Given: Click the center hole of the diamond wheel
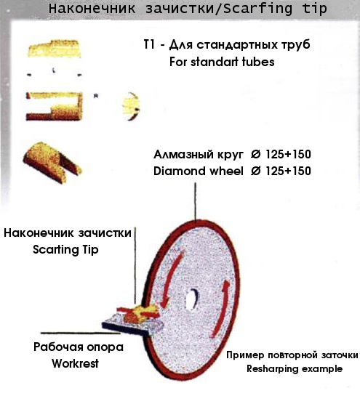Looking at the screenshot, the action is point(191,299).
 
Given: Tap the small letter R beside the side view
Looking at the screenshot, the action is point(96,96).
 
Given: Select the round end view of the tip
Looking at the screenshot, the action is point(131,106).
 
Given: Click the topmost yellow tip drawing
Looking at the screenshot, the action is point(54,49).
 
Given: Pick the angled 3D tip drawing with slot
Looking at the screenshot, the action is point(52,162).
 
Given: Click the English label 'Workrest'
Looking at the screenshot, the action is point(75,363).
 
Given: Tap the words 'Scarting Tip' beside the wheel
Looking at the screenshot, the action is point(65,249).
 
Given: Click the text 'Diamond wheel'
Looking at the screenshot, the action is point(199,171).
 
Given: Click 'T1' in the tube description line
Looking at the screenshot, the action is point(149,44).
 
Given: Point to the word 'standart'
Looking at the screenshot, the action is point(215,62).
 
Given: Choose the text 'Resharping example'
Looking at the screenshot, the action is point(295,368).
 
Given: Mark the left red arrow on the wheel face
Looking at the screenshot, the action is point(172,280).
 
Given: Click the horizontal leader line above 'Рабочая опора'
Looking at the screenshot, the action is point(81,334).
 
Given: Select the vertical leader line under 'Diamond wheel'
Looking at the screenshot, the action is point(195,201).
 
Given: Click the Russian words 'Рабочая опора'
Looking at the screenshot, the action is point(79,347).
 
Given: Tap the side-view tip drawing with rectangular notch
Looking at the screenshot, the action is point(54,106).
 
